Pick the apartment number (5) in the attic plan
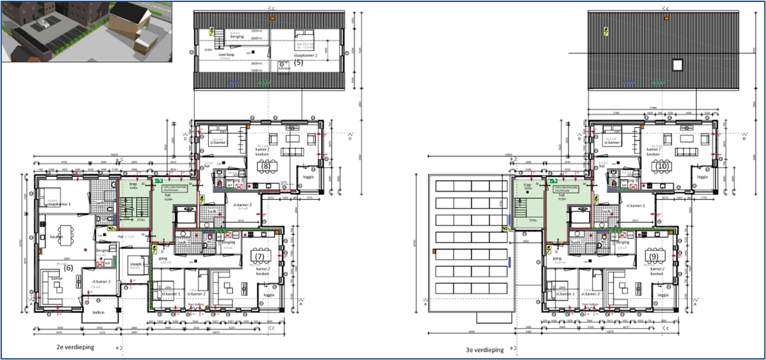298,64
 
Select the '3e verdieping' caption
484,350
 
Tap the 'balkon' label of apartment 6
98,312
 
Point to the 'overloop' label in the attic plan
226,55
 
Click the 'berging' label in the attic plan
236,38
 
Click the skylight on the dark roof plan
678,65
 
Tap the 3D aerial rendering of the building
87,31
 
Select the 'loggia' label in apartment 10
702,177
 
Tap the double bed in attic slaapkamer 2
304,35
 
